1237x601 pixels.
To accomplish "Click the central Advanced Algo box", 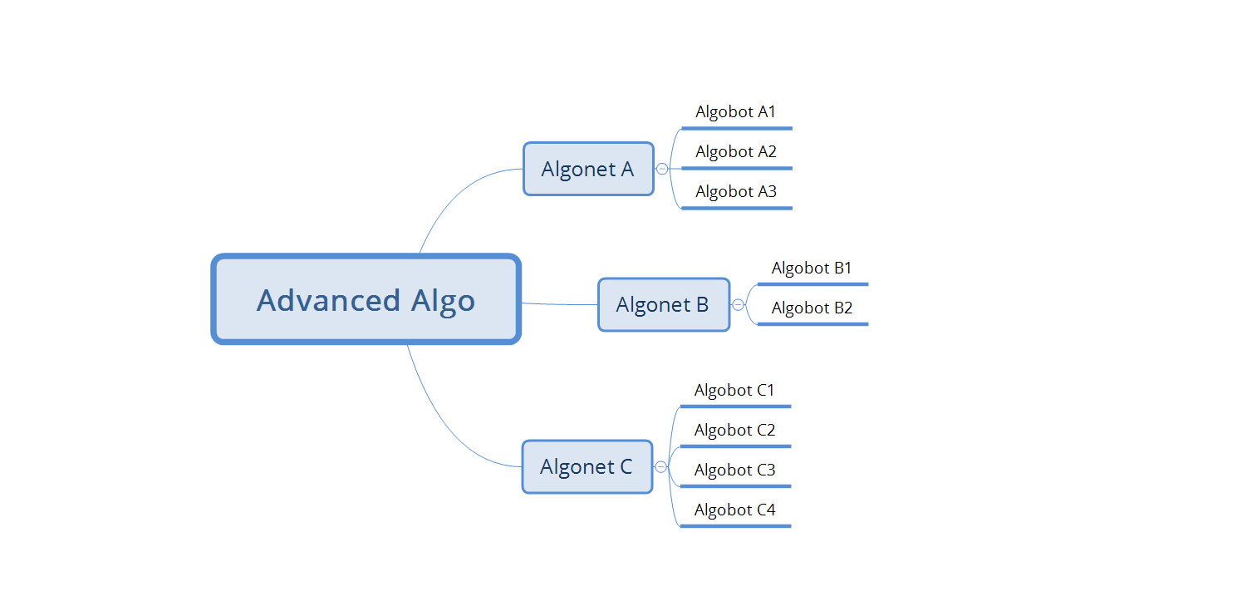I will click(x=366, y=299).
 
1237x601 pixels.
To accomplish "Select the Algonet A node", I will click(x=588, y=169).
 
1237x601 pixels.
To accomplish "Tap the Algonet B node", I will click(x=663, y=305).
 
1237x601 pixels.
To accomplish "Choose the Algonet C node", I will click(x=587, y=466).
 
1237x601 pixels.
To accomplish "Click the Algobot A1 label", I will click(x=735, y=112).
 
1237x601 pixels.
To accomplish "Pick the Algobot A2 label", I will click(x=735, y=152).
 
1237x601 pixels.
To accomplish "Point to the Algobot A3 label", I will click(x=735, y=192).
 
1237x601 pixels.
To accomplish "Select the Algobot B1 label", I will click(x=812, y=268).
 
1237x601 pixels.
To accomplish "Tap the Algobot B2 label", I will click(x=812, y=308).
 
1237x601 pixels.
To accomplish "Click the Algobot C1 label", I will click(x=734, y=390).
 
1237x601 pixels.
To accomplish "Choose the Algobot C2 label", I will click(x=734, y=430).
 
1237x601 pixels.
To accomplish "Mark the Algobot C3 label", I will click(x=734, y=470).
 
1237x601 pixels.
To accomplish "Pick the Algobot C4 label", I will click(x=734, y=510).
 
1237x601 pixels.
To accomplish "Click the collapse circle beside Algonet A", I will click(x=662, y=169).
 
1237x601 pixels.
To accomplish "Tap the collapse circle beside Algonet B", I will click(x=738, y=305).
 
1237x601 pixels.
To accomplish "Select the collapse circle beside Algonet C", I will click(x=660, y=466).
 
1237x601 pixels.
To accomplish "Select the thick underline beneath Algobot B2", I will click(x=812, y=324).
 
